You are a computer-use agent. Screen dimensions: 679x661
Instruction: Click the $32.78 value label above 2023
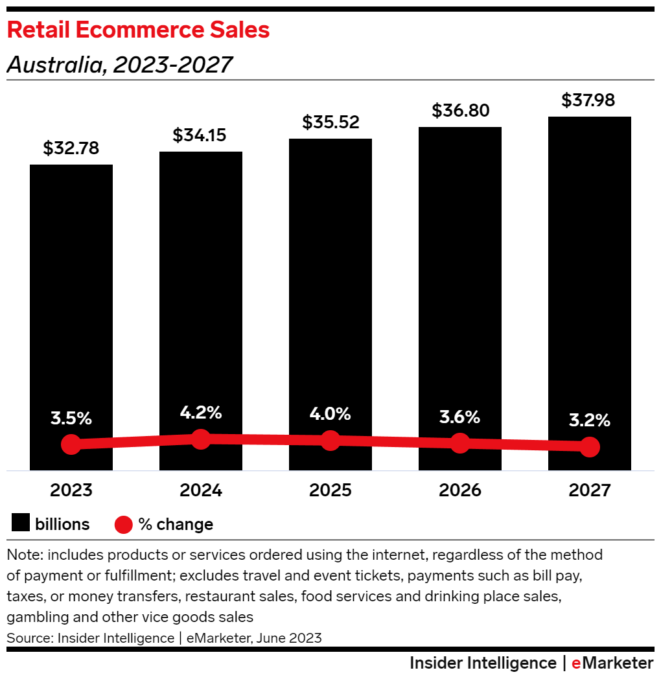[71, 148]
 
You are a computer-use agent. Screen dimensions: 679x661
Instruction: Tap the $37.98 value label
[588, 100]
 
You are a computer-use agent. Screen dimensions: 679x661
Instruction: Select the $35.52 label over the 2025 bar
[330, 122]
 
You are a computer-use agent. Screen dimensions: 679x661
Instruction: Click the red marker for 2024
[201, 439]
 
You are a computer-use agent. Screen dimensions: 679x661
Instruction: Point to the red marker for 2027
[589, 446]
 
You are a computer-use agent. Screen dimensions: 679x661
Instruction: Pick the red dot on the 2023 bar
[71, 444]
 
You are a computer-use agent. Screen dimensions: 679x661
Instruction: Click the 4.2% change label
[201, 412]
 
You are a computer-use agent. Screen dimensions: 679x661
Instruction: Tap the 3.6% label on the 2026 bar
[459, 417]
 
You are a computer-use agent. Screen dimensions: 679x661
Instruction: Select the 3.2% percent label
[589, 420]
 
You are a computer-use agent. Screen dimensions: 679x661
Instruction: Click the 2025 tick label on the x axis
[330, 490]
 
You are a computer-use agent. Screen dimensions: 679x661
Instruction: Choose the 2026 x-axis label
[459, 490]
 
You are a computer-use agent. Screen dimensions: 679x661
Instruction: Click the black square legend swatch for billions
[21, 524]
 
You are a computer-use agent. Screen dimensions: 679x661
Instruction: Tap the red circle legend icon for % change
[124, 524]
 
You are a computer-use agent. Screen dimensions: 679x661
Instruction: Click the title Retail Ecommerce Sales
[138, 30]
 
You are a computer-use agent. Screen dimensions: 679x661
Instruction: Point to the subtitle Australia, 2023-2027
[119, 65]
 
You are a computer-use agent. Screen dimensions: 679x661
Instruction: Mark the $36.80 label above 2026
[459, 111]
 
